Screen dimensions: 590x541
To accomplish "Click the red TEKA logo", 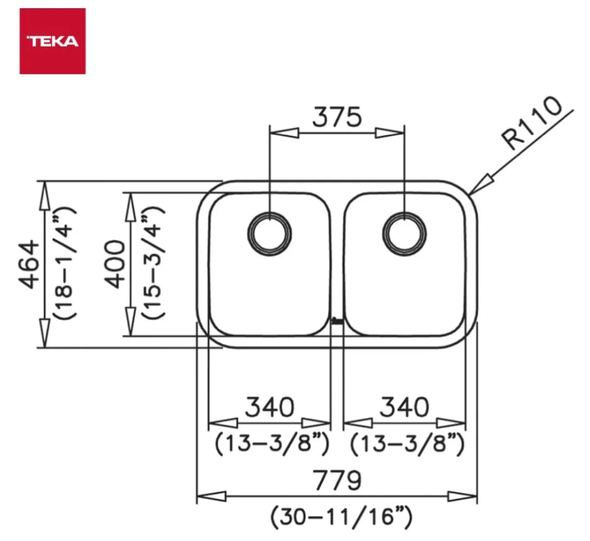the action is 52,41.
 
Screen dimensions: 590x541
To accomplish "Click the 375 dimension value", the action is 337,117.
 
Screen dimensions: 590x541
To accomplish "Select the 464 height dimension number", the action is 28,264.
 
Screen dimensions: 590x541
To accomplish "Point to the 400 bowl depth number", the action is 114,264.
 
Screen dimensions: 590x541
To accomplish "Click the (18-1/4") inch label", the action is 65,263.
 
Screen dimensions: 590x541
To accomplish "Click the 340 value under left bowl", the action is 270,407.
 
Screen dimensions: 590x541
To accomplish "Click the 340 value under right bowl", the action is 405,407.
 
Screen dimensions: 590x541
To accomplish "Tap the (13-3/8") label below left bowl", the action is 272,443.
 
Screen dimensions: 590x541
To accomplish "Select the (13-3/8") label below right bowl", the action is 407,443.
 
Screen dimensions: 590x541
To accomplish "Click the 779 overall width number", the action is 337,480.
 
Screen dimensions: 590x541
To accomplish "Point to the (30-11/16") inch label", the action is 341,516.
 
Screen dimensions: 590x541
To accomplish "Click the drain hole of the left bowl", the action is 270,233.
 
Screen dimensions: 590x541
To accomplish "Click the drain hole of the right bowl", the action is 405,233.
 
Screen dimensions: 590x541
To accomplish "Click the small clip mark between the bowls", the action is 337,321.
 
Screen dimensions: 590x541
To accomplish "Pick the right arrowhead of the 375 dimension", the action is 390,133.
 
